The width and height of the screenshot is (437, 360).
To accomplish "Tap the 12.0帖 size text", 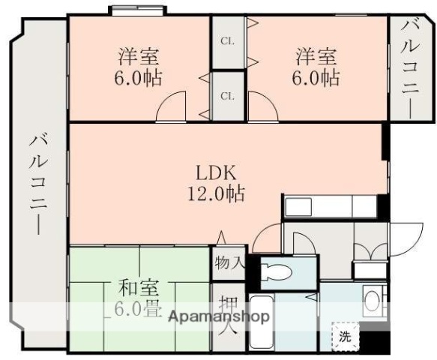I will tap(215, 193).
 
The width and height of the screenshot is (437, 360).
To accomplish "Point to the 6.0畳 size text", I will tap(136, 309).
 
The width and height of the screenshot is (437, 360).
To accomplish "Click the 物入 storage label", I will tap(229, 263).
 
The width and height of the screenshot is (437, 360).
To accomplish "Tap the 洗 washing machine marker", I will tap(344, 337).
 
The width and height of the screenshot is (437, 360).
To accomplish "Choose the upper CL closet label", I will tap(226, 41).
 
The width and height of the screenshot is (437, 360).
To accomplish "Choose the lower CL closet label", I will tap(226, 95).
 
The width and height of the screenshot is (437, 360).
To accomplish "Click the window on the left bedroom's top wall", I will tap(138, 10).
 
